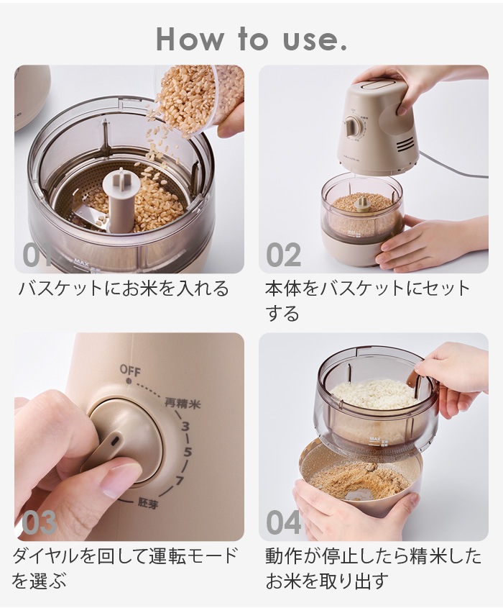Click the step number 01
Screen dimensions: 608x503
[x=32, y=255]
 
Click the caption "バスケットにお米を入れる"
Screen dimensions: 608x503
[x=123, y=289]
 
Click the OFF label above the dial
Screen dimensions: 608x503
[x=130, y=371]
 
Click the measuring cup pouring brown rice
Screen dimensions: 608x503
[x=194, y=101]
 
